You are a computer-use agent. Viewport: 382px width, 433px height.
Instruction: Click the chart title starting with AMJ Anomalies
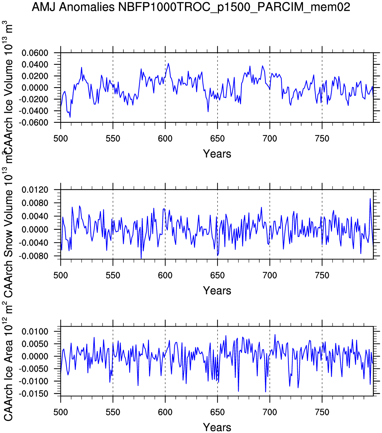tap(191, 7)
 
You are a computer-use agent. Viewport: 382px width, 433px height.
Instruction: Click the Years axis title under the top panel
tap(217, 154)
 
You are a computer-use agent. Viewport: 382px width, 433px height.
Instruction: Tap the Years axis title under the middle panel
tap(217, 291)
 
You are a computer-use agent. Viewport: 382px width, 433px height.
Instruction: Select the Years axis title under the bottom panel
tap(217, 427)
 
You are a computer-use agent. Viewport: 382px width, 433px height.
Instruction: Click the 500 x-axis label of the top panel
tap(61, 139)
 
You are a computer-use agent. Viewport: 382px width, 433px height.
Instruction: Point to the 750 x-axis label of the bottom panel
tap(322, 412)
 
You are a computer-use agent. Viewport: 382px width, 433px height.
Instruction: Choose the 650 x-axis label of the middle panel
tap(217, 276)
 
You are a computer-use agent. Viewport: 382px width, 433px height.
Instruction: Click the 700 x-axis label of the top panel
tap(270, 139)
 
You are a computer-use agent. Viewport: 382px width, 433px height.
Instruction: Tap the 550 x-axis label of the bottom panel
tap(113, 412)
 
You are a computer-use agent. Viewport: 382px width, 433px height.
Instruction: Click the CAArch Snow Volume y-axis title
tap(8, 236)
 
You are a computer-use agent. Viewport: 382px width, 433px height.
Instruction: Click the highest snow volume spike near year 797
tap(370, 199)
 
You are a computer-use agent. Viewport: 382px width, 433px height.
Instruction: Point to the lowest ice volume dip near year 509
tap(70, 117)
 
